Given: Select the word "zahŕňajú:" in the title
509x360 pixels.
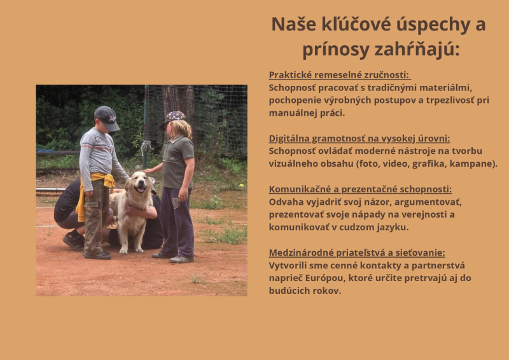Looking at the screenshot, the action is tap(417, 50).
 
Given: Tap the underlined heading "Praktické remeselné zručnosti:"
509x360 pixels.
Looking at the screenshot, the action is tap(340, 75).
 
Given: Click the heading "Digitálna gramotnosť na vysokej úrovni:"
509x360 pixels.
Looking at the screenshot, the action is tap(359, 139).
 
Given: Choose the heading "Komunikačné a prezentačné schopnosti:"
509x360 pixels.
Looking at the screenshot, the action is tap(360, 190).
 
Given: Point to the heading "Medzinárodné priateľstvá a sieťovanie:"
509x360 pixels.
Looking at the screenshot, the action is tap(357, 253).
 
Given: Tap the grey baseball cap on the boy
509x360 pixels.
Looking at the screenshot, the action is tap(107, 118).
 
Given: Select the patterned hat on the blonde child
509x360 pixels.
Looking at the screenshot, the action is tap(173, 118).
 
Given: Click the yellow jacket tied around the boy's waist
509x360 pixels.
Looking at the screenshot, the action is tap(95, 191).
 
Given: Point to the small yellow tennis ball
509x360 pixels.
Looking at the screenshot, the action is tap(241, 186).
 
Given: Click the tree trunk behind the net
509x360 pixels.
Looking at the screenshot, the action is tap(178, 100).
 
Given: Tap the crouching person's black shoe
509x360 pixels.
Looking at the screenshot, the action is tap(74, 241).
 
